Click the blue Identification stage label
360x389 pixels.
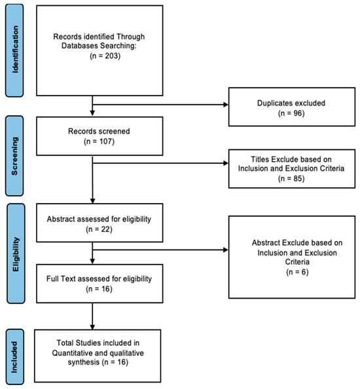[14, 50]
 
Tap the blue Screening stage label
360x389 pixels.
[14, 156]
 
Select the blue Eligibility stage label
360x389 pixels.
[16, 253]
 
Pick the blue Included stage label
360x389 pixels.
[15, 357]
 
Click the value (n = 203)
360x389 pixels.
[105, 56]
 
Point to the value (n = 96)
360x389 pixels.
[291, 113]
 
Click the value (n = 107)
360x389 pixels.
[99, 141]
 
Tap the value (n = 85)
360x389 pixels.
[291, 179]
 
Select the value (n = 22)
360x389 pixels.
[99, 229]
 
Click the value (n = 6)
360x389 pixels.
[297, 272]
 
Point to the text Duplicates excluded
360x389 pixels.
[291, 103]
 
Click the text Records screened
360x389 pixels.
[99, 131]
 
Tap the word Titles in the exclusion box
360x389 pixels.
[260, 159]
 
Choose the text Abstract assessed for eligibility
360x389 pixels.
[99, 219]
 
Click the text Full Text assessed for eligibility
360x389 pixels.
[99, 279]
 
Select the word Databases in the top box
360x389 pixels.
[80, 46]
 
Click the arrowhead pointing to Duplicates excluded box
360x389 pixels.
[226, 105]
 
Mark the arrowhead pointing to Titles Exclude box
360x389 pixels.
[226, 163]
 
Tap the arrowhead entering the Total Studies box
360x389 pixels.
[92, 327]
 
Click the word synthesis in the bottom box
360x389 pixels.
[84, 362]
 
